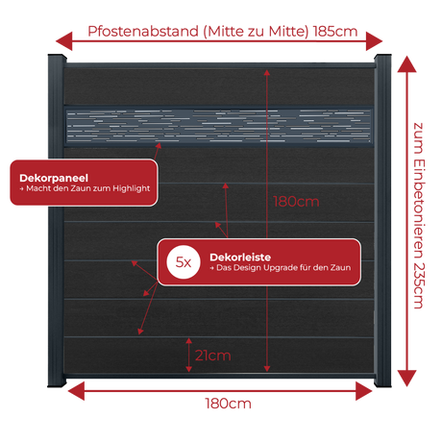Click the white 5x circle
pyautogui.click(x=184, y=262)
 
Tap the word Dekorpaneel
pyautogui.click(x=54, y=178)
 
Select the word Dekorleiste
pyautogui.click(x=240, y=258)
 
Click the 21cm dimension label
pyautogui.click(x=213, y=356)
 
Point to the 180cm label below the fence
pyautogui.click(x=228, y=404)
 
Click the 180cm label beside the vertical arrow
pyautogui.click(x=296, y=202)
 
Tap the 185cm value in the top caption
pyautogui.click(x=335, y=32)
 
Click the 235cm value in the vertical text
pyautogui.click(x=418, y=285)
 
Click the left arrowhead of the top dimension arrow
pyautogui.click(x=64, y=41)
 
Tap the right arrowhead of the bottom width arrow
pyautogui.click(x=364, y=391)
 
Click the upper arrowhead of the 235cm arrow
pyautogui.click(x=406, y=64)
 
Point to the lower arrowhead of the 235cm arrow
pyautogui.click(x=406, y=379)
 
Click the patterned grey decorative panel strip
pyautogui.click(x=219, y=126)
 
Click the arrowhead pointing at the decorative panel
pyautogui.click(x=159, y=146)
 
